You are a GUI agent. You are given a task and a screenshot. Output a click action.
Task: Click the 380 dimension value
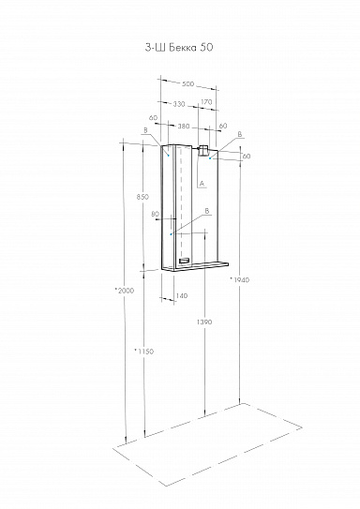[x=183, y=126]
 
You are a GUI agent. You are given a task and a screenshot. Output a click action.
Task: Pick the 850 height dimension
[x=142, y=197]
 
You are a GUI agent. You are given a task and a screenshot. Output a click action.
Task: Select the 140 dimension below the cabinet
[x=182, y=296]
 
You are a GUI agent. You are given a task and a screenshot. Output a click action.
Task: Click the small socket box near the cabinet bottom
[x=185, y=261]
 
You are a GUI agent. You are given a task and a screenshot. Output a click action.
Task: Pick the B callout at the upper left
[x=145, y=131]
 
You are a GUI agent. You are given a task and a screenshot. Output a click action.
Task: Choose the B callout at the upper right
[x=240, y=135]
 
